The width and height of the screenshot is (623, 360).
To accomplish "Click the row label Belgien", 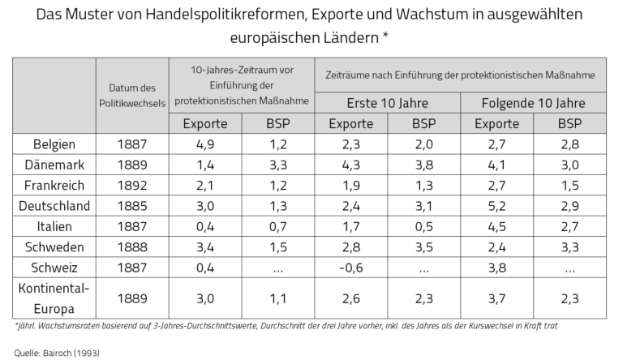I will pos(54,144).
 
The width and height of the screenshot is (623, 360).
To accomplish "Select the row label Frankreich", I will pos(54,185).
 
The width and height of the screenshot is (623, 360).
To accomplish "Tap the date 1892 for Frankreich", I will pos(131,185).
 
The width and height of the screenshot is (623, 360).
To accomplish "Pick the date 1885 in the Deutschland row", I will pos(131,205).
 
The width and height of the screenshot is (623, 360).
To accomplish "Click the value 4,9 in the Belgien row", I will pos(205,144).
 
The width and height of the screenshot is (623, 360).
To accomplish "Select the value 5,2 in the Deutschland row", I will pos(496,205).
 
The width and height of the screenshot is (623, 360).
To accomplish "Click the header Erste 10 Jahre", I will pos(387,104).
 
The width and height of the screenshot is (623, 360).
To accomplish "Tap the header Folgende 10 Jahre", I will pos(533,104).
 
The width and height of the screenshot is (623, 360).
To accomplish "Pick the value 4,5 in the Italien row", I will pos(496,226).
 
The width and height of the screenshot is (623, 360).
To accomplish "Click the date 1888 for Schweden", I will pos(131,246).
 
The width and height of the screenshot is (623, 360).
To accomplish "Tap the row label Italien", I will pos(54,226).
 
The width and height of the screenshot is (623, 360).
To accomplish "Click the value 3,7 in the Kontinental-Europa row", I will pos(496,298).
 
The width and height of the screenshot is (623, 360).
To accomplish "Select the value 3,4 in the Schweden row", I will pos(205,246).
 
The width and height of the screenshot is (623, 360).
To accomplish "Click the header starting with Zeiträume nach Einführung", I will pos(460,74).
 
